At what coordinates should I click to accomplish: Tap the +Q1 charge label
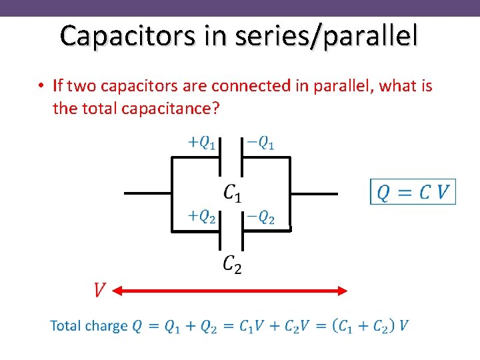(x=201, y=143)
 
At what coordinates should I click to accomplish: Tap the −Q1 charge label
(x=261, y=143)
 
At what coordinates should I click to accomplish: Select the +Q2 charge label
(x=201, y=216)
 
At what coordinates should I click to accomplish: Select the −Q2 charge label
(x=261, y=217)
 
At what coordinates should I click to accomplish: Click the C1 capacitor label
(x=233, y=193)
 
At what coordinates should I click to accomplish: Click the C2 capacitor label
(x=232, y=265)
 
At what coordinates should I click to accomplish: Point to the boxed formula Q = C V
(x=413, y=192)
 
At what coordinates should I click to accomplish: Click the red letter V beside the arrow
(x=99, y=290)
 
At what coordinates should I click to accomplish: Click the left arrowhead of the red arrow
(x=116, y=291)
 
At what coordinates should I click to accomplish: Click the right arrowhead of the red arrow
(x=344, y=291)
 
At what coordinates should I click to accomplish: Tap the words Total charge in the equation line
(x=89, y=326)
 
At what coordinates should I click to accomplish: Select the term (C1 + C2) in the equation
(x=363, y=326)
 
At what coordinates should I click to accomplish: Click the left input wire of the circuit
(x=148, y=194)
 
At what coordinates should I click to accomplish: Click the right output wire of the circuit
(x=315, y=194)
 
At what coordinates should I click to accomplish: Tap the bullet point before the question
(x=41, y=86)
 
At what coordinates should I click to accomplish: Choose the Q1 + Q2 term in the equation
(x=191, y=326)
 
